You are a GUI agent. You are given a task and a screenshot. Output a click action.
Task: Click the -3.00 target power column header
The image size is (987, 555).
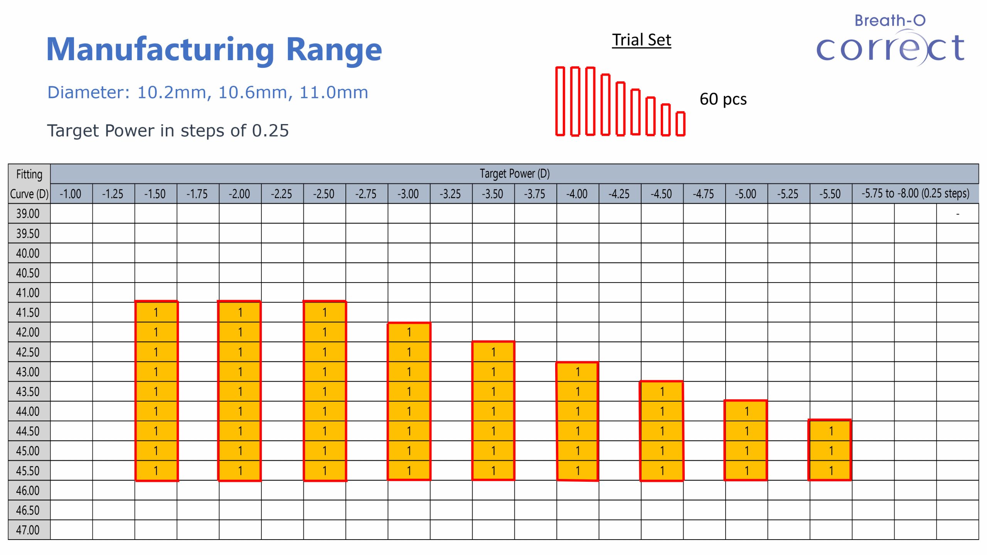pyautogui.click(x=408, y=193)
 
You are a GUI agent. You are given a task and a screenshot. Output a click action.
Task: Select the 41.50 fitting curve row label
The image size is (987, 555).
pyautogui.click(x=28, y=312)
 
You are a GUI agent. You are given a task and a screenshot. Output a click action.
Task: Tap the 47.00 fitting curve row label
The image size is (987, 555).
pyautogui.click(x=28, y=530)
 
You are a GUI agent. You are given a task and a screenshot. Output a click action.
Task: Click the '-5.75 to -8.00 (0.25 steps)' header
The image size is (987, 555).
pyautogui.click(x=915, y=193)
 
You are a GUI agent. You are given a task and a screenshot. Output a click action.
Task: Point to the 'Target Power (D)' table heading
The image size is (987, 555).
pyautogui.click(x=514, y=173)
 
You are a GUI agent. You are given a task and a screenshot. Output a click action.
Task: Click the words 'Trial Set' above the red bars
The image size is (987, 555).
pyautogui.click(x=642, y=40)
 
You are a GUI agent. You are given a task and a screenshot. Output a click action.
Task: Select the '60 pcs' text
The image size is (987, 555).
pyautogui.click(x=723, y=99)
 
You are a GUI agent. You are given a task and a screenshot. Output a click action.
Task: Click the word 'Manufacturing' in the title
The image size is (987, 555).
pyautogui.click(x=160, y=49)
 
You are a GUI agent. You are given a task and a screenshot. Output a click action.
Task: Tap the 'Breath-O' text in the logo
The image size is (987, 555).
pyautogui.click(x=890, y=20)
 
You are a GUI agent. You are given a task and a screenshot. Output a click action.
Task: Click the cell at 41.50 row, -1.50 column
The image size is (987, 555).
pyautogui.click(x=156, y=312)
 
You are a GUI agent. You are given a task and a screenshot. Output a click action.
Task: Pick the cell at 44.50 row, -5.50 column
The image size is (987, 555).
pyautogui.click(x=831, y=431)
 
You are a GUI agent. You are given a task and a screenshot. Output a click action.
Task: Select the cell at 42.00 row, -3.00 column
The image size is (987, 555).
pyautogui.click(x=409, y=332)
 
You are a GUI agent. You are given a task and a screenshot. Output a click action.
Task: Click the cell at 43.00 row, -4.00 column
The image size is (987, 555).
pyautogui.click(x=578, y=372)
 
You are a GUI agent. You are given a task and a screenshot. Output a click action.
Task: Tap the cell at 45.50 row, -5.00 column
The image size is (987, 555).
pyautogui.click(x=746, y=471)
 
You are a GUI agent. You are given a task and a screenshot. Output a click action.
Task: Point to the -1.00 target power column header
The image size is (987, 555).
pyautogui.click(x=71, y=193)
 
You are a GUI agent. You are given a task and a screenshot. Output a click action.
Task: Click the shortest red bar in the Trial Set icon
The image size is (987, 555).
pyautogui.click(x=680, y=124)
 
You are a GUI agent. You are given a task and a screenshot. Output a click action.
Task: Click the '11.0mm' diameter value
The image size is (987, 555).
pyautogui.click(x=333, y=92)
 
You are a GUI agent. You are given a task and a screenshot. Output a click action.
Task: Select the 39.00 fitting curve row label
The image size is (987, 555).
pyautogui.click(x=28, y=214)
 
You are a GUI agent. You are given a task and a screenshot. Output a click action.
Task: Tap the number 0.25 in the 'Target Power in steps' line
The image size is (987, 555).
pyautogui.click(x=270, y=131)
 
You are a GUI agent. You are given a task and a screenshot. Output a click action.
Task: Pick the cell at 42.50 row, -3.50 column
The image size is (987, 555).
pyautogui.click(x=493, y=352)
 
